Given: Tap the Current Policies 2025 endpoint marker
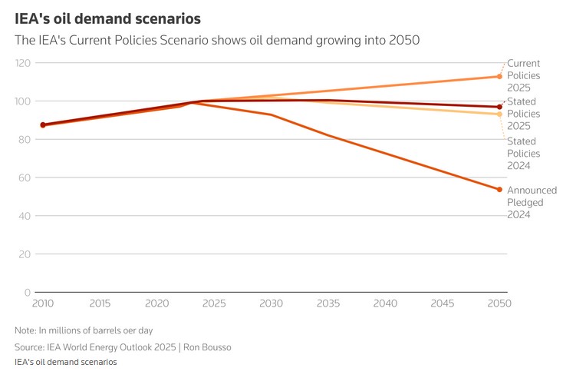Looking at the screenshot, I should coord(499,76).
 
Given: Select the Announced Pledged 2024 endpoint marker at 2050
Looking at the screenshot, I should coord(499,189).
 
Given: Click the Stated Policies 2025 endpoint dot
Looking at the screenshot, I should coord(499,107).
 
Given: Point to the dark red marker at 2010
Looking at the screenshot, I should coord(43,124).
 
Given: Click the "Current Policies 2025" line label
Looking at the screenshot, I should coord(524,75).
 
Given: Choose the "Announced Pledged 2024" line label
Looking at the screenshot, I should coord(532,202).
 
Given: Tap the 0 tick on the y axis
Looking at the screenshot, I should coord(28,293).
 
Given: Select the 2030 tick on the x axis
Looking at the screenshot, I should coord(271,304).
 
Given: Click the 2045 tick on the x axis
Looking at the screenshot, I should coord(443,304).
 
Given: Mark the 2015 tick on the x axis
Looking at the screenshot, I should coord(100,304).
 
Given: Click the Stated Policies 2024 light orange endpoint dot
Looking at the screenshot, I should coord(499,114).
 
